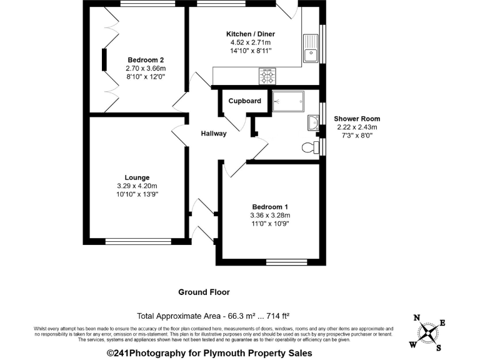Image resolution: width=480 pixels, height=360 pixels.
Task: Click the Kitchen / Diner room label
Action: (250, 34)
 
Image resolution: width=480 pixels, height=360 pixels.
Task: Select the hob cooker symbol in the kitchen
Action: (267, 77)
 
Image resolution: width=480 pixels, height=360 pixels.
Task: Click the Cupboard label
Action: (244, 101)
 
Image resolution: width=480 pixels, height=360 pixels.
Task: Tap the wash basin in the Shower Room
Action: (314, 123)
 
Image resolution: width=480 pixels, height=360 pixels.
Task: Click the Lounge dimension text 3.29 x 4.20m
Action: (137, 186)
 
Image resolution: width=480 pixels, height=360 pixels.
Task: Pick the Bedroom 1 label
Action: (271, 207)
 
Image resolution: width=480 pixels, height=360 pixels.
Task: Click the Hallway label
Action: (214, 134)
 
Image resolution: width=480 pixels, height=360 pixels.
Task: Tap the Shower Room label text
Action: (357, 119)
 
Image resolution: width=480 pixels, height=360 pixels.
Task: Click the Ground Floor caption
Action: (204, 292)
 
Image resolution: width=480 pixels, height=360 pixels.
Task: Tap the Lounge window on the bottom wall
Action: (137, 241)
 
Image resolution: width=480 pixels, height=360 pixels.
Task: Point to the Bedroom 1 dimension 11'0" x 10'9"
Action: (271, 223)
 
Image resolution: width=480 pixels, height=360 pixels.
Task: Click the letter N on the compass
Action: (417, 317)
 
